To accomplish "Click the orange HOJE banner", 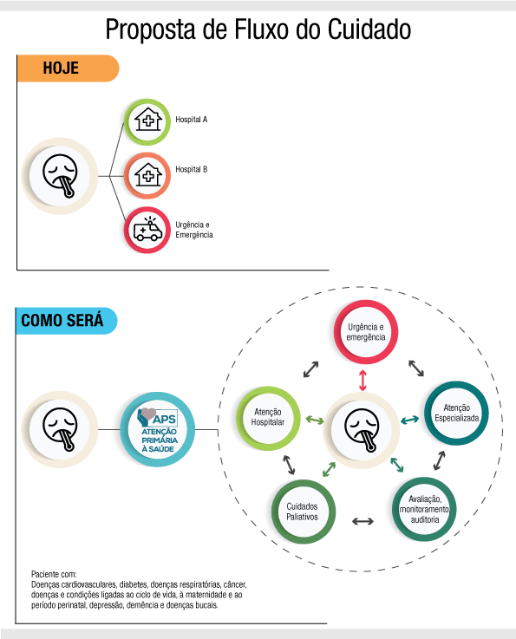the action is click(68, 68).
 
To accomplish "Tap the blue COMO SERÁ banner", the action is click(67, 321).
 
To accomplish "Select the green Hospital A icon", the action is click(147, 121).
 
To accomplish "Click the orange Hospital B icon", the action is click(147, 176).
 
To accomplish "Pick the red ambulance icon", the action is click(147, 230).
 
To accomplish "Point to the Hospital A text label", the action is click(191, 120).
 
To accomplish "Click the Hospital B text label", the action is click(191, 169).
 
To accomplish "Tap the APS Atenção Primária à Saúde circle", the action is click(158, 429).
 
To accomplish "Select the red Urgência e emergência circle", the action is click(366, 332).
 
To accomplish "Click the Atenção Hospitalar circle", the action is click(268, 418).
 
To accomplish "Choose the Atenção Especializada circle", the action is click(456, 414).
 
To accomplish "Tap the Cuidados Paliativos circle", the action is click(304, 512).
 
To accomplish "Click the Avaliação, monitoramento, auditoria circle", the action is click(424, 510).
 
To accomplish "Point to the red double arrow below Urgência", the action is click(363, 381).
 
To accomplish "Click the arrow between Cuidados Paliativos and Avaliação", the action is click(363, 521).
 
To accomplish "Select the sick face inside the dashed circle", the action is click(362, 430).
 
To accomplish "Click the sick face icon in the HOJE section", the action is click(60, 176).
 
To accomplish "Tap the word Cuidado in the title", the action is click(369, 29).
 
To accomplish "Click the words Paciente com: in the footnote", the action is click(54, 574).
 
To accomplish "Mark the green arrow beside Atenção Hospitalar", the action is click(315, 420).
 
